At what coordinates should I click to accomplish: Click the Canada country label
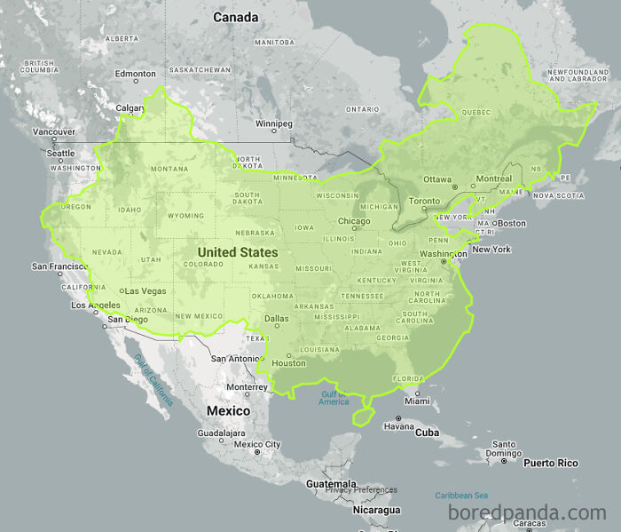(x=236, y=17)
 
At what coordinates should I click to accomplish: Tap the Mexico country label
(x=228, y=410)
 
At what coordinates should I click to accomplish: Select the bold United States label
(x=237, y=252)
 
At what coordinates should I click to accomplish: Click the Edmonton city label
(x=135, y=74)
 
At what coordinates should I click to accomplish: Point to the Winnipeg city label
(x=273, y=123)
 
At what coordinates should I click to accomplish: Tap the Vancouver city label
(x=53, y=131)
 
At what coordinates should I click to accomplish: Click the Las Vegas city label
(x=145, y=290)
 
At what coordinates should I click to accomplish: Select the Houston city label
(x=288, y=362)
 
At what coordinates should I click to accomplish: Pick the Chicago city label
(x=353, y=221)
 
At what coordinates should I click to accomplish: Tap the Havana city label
(x=398, y=426)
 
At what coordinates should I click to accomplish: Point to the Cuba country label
(x=428, y=433)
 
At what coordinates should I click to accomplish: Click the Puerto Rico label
(x=550, y=463)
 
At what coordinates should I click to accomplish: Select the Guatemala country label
(x=331, y=484)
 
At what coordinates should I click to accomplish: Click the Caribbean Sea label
(x=461, y=495)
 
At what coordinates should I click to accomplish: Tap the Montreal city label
(x=493, y=179)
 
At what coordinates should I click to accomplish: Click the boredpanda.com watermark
(x=527, y=512)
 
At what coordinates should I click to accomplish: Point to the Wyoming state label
(x=185, y=216)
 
